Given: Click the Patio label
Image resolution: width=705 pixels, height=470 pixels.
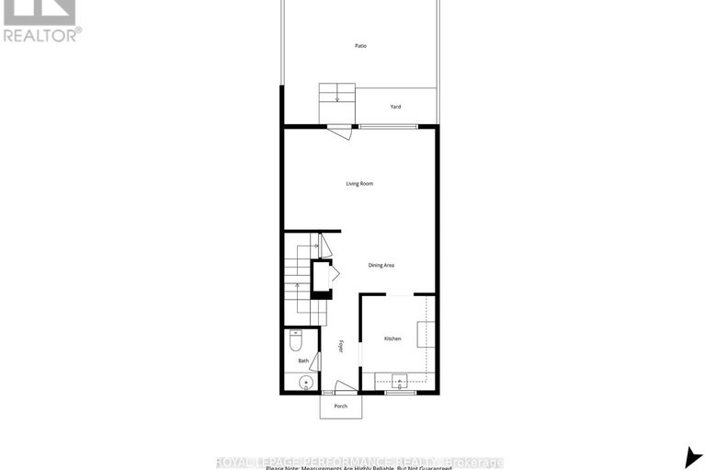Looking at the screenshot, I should coord(361,45).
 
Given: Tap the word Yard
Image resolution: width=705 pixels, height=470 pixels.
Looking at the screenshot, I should coord(395,107).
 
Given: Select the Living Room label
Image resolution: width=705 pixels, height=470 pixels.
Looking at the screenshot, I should coord(359,184).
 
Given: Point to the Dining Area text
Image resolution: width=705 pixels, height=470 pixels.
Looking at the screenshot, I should coord(381,265).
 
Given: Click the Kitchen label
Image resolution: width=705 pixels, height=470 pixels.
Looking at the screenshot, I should coord(392,339).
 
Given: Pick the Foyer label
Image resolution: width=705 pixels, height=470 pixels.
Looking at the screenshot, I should coord(341,347).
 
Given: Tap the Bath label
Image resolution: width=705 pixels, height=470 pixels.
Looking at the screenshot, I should coord(302,361).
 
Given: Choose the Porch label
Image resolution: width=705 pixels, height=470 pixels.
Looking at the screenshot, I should coord(340,407).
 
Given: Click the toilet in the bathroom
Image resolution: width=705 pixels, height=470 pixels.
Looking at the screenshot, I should coord(296,342).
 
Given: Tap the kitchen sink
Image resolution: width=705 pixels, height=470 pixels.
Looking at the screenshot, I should coord(400,380).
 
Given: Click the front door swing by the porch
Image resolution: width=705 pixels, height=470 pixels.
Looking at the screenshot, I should coord(344,387).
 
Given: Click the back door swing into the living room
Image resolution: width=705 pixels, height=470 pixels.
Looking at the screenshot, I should coord(341,132).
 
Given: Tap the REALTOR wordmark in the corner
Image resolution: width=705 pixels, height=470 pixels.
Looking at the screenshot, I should coord(41,35).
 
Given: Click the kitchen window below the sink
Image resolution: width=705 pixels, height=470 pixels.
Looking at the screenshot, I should coord(400,393).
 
